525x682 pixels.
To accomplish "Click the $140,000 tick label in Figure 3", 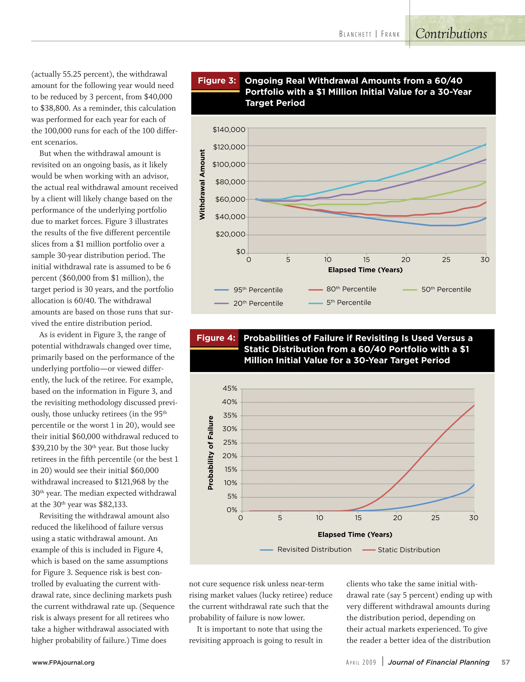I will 229,130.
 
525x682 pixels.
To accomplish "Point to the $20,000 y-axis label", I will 230,234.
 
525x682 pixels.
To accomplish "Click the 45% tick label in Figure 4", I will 230,389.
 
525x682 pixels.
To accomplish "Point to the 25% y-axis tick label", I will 230,442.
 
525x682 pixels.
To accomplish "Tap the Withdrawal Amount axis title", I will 202,184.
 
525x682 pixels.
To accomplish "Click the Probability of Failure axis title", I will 211,452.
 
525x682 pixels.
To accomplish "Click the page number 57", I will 505,662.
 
